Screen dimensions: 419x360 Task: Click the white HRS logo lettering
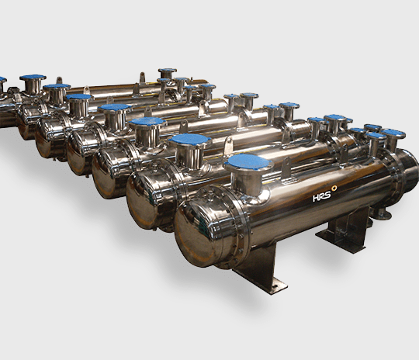(x=322, y=196)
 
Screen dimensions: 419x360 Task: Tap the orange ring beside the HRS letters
(x=334, y=189)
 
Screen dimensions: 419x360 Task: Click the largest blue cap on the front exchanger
(x=248, y=162)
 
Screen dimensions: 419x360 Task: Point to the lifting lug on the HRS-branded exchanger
(x=286, y=166)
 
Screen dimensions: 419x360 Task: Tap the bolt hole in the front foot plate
(x=275, y=287)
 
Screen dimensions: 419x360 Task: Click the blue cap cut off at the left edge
(x=2, y=79)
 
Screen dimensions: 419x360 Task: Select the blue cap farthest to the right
(x=393, y=133)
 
